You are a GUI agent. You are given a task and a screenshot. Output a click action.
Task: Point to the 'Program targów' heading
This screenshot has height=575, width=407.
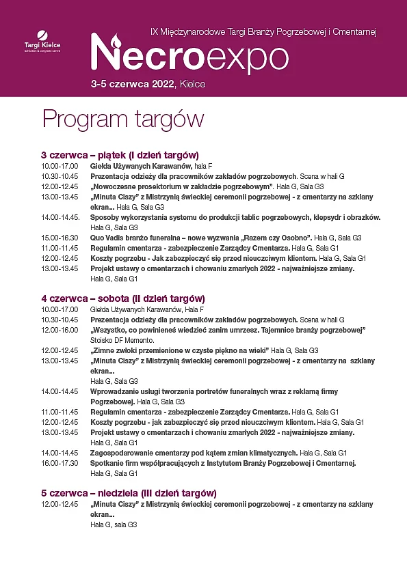pyautogui.click(x=123, y=119)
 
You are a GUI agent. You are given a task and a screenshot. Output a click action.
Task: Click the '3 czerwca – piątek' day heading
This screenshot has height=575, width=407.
pyautogui.click(x=119, y=155)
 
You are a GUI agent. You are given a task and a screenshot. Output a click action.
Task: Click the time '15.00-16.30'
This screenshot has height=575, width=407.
pyautogui.click(x=60, y=238)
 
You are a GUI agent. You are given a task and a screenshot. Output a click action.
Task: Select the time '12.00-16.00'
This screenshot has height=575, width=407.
pyautogui.click(x=60, y=330)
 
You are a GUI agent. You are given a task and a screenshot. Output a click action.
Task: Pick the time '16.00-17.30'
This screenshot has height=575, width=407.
pyautogui.click(x=60, y=464)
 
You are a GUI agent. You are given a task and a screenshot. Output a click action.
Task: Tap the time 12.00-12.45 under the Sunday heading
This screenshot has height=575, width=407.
pyautogui.click(x=60, y=504)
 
